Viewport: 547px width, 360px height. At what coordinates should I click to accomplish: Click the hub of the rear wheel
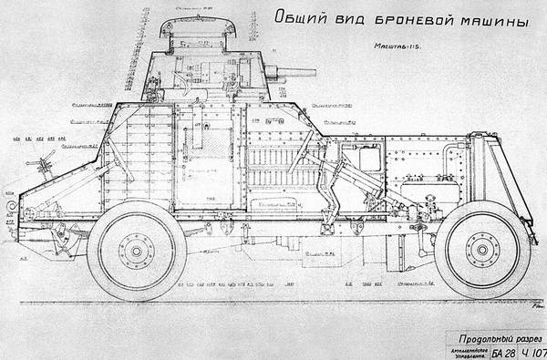click(137, 249)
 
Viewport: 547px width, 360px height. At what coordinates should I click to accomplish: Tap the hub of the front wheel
click(482, 249)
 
